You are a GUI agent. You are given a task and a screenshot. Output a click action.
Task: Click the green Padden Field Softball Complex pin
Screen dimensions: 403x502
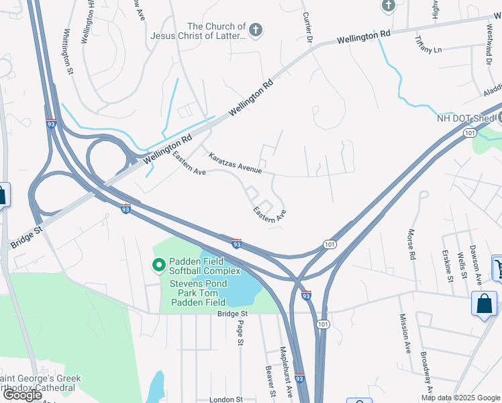click(159, 267)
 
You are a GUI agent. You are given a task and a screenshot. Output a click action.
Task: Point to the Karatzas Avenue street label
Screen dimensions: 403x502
click(235, 164)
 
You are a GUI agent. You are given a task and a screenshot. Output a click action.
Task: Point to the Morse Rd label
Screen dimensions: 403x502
click(411, 244)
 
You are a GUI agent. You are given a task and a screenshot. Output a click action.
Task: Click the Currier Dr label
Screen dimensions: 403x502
click(308, 28)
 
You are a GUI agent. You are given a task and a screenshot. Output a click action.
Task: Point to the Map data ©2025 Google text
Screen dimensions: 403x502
click(460, 398)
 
